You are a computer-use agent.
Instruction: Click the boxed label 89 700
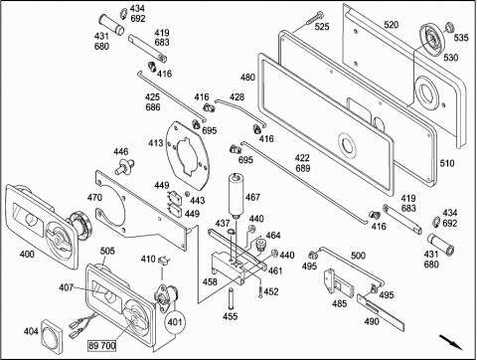(x=102, y=346)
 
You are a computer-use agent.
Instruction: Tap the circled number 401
(x=175, y=322)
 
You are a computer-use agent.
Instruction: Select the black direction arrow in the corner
(x=451, y=342)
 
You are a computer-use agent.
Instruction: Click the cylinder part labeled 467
(x=237, y=196)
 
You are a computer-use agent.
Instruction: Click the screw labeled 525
(x=315, y=18)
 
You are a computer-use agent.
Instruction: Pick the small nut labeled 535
(x=449, y=27)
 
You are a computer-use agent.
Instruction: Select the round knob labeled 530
(x=431, y=39)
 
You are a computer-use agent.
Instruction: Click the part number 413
(x=155, y=143)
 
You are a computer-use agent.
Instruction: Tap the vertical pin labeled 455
(x=230, y=298)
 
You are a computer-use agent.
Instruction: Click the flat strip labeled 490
(x=382, y=311)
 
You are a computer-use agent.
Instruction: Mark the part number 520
(x=392, y=25)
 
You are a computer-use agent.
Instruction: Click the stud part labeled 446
(x=124, y=166)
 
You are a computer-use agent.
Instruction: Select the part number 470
(x=94, y=198)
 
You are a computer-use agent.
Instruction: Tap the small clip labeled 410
(x=164, y=261)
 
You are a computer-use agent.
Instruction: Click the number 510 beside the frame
(x=447, y=163)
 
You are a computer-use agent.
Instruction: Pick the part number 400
(x=27, y=255)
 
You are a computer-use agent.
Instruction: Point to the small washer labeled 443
(x=187, y=193)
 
